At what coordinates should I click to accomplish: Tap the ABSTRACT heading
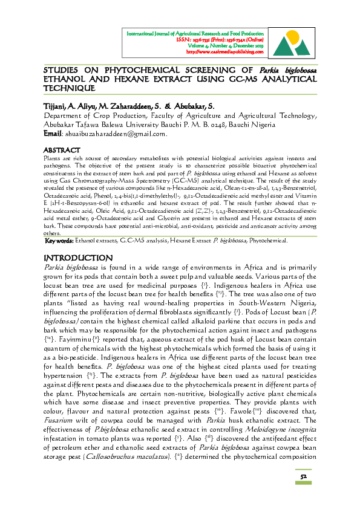pos(62,149)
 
